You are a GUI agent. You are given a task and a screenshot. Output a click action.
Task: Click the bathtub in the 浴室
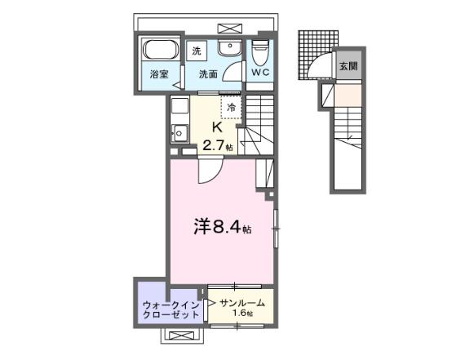click(x=161, y=50)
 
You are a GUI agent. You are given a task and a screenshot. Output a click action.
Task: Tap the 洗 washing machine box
click(x=197, y=51)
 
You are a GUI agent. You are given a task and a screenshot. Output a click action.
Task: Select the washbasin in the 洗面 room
click(x=230, y=47)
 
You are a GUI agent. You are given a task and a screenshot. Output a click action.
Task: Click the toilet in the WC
click(x=260, y=52)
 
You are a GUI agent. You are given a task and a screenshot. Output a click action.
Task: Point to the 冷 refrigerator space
click(x=232, y=107)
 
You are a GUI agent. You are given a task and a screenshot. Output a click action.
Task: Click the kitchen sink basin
click(x=179, y=134)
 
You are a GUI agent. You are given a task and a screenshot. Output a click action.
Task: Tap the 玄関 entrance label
click(x=348, y=66)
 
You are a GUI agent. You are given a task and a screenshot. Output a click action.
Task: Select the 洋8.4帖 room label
click(x=223, y=226)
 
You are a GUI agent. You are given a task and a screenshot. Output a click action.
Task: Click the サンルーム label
click(x=242, y=303)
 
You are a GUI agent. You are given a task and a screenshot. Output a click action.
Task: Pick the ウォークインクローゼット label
click(x=171, y=309)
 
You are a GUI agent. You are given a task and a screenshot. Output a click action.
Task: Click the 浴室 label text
click(x=159, y=74)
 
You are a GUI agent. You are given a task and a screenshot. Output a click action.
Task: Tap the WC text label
click(x=260, y=72)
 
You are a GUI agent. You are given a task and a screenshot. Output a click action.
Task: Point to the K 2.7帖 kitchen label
click(x=217, y=136)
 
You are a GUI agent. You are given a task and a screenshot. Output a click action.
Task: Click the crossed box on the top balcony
click(x=230, y=29)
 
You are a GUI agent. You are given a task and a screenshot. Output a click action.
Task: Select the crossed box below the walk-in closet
click(x=181, y=336)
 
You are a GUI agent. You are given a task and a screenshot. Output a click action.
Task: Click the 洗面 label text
click(x=208, y=74)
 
